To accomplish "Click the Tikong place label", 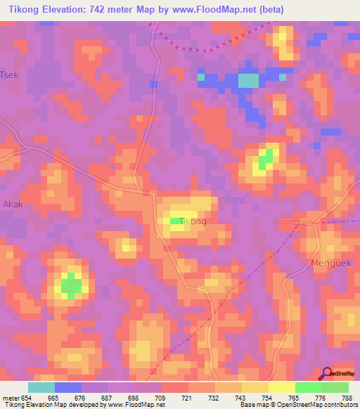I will coord(193,221).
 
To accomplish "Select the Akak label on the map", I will coord(13,204).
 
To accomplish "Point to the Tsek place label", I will coord(9,74).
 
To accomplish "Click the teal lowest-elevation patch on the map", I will coord(247,80).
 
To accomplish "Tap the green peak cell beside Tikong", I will coord(176,222).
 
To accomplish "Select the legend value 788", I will coord(347,397).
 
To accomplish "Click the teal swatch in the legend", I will coord(41,387).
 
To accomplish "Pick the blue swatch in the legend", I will coord(67,387).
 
